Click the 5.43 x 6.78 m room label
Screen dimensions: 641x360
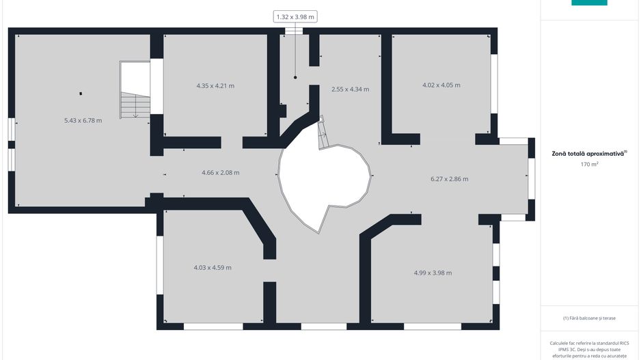(83, 120)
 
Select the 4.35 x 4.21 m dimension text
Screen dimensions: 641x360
(215, 86)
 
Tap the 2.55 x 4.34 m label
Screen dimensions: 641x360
(351, 89)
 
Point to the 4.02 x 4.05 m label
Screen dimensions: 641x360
(441, 85)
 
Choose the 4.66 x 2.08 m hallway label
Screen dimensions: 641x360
(220, 172)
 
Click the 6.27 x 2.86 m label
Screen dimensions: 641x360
(450, 178)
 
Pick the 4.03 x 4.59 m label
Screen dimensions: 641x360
(213, 268)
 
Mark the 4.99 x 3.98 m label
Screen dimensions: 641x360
(433, 273)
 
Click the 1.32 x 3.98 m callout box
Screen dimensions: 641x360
(295, 17)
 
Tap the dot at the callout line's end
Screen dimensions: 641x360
(295, 77)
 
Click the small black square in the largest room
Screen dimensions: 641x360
(81, 94)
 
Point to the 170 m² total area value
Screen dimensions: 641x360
(590, 164)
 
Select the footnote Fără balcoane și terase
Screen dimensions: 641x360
(589, 318)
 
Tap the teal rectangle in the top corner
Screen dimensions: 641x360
(589, 3)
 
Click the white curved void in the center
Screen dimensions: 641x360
(323, 180)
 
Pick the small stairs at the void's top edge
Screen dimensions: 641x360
(323, 133)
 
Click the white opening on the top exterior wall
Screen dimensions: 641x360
(294, 31)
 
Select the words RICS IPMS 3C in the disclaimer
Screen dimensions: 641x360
(601, 346)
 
